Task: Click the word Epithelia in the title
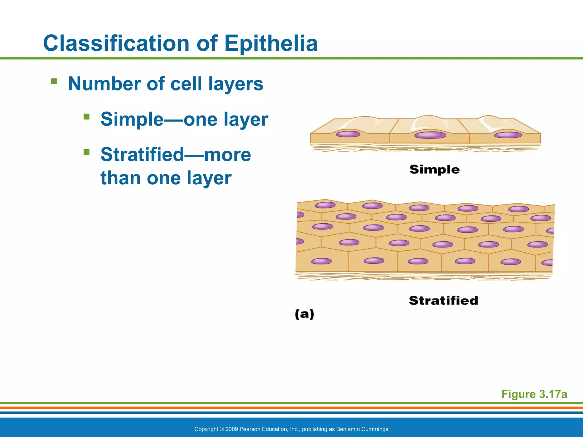pyautogui.click(x=271, y=43)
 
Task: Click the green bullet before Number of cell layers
pyautogui.click(x=54, y=82)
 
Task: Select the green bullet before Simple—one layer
pyautogui.click(x=87, y=117)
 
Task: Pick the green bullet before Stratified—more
pyautogui.click(x=87, y=152)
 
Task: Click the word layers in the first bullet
pyautogui.click(x=235, y=84)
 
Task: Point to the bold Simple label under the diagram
pyautogui.click(x=434, y=170)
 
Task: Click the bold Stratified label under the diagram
pyautogui.click(x=443, y=300)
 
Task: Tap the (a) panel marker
pyautogui.click(x=304, y=314)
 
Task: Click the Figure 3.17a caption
pyautogui.click(x=534, y=394)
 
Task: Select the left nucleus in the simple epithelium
pyautogui.click(x=348, y=134)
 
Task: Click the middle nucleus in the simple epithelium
pyautogui.click(x=430, y=135)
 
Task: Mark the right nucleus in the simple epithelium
pyautogui.click(x=508, y=135)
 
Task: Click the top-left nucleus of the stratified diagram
pyautogui.click(x=325, y=205)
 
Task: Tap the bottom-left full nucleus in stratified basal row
pyautogui.click(x=321, y=261)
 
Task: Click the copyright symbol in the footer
pyautogui.click(x=221, y=429)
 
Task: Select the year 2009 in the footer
pyautogui.click(x=231, y=429)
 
